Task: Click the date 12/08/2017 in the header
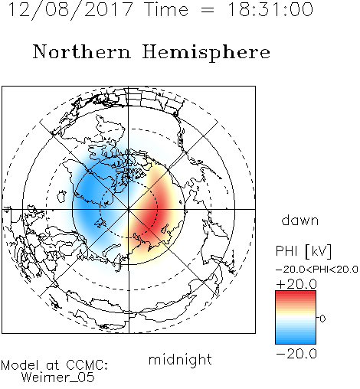coord(70,10)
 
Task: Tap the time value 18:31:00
coord(270,9)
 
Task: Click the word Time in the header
coord(166,9)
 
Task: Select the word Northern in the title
coord(82,51)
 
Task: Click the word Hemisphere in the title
coord(206,53)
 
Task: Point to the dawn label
coord(300,220)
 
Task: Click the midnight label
coord(180,359)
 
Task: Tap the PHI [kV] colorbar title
coord(303,251)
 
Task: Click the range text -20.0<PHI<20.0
coord(317,270)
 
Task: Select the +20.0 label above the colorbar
coord(296,284)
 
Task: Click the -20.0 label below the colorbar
coord(296,354)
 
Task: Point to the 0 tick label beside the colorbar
coord(322,319)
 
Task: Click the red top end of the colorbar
coord(296,293)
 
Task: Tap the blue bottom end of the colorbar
coord(296,342)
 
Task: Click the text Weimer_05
coord(58,378)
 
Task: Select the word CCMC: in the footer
coord(87,365)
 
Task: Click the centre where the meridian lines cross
coord(129,209)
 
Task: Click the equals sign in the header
coord(208,10)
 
